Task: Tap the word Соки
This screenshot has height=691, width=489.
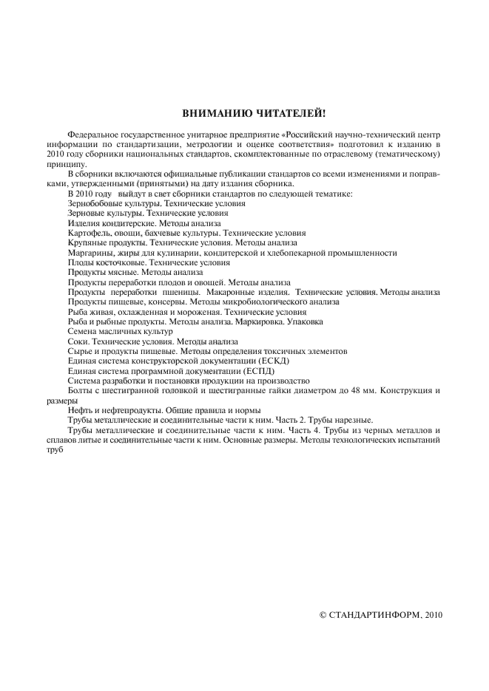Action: (x=77, y=342)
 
